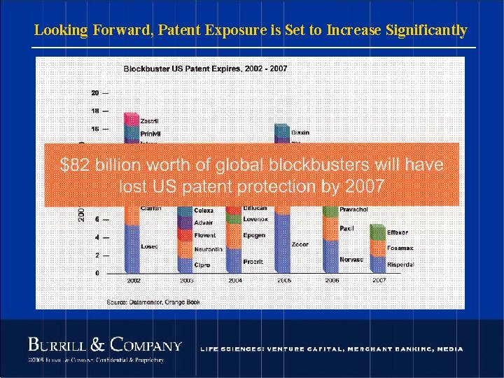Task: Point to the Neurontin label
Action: (209, 249)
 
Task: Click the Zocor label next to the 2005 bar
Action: (300, 245)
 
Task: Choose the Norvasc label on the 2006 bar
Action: (351, 259)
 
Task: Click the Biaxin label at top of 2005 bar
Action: (300, 132)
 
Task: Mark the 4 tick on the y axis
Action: (97, 238)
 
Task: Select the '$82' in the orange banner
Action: (74, 164)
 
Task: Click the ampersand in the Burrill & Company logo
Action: (99, 344)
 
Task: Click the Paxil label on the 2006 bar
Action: (346, 227)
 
